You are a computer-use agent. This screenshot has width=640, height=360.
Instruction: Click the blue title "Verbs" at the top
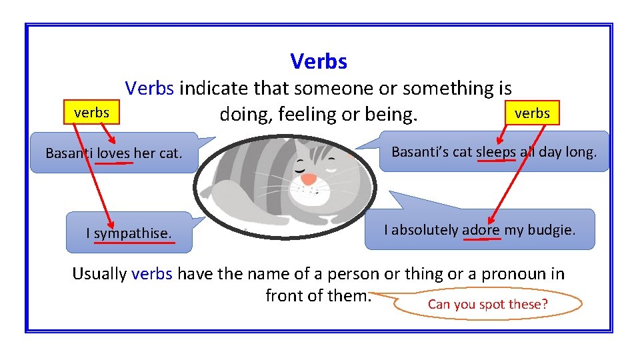(319, 62)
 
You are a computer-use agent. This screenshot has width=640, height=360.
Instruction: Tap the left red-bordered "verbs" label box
(91, 113)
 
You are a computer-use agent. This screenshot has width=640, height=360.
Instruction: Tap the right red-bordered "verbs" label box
(532, 113)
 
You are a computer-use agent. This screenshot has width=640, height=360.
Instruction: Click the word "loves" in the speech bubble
(114, 153)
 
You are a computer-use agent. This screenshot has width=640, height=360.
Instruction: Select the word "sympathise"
(133, 233)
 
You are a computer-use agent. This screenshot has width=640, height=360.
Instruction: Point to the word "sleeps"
(495, 152)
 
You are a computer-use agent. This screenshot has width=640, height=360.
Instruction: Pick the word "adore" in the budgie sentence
(481, 230)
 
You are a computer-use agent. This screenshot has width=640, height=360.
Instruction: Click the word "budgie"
(551, 230)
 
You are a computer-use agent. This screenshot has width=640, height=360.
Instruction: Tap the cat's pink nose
(309, 179)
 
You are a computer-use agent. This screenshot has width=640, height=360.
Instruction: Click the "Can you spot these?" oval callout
(488, 305)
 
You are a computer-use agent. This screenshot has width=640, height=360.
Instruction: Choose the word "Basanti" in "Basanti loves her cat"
(69, 153)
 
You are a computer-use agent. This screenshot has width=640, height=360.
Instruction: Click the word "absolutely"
(425, 230)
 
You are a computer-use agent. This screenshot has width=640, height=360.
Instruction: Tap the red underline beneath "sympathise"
(134, 243)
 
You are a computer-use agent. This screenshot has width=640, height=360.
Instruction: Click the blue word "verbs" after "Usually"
(152, 274)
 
